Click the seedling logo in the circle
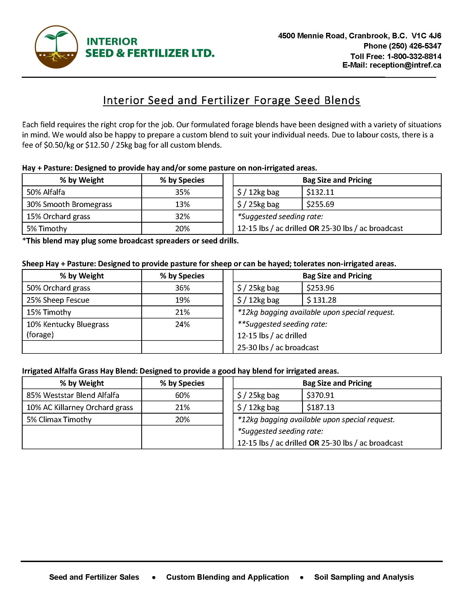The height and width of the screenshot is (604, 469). (56, 47)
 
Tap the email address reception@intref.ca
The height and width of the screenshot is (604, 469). (405, 65)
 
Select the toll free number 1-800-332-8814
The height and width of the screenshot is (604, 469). (414, 56)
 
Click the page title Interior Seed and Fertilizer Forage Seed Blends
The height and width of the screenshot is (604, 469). (231, 100)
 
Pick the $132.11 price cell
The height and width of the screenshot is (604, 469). (320, 192)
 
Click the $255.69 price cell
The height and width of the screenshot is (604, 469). (320, 204)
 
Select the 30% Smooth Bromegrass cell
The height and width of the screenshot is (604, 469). (69, 204)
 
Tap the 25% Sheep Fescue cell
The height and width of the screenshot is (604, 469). (58, 300)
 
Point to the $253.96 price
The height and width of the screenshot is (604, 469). (320, 288)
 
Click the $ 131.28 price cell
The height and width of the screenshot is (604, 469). (321, 300)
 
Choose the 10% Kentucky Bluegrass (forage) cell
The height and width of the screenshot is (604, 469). (68, 329)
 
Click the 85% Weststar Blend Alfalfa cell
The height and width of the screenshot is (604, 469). (73, 395)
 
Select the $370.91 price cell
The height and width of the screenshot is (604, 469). (320, 395)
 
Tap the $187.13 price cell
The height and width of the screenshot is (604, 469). (320, 407)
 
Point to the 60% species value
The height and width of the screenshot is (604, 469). (182, 395)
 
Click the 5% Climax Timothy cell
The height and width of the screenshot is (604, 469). (59, 419)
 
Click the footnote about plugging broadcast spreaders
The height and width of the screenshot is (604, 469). (130, 241)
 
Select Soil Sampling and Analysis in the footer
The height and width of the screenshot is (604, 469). (364, 577)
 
